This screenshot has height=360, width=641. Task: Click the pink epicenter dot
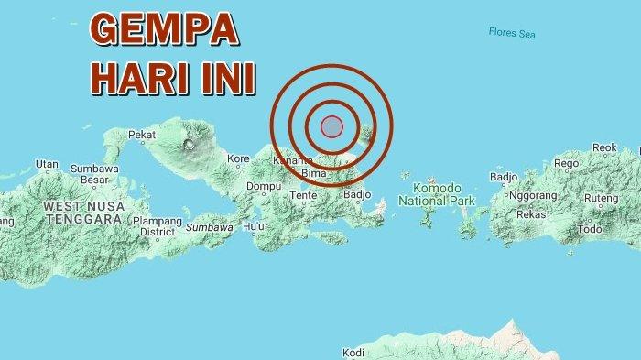click(331, 126)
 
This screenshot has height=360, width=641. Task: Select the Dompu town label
click(264, 187)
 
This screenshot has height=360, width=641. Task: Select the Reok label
click(604, 147)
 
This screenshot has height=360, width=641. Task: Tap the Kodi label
click(353, 352)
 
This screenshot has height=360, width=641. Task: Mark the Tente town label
click(303, 195)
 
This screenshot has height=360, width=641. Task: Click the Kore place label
click(238, 158)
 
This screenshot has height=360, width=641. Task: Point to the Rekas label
click(532, 213)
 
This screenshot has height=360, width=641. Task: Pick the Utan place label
click(47, 164)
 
